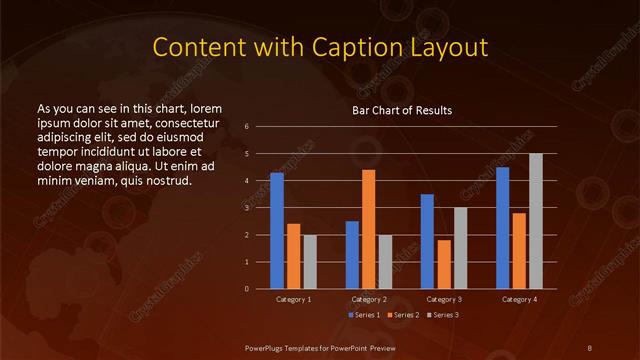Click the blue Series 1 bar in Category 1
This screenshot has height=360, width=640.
point(277,231)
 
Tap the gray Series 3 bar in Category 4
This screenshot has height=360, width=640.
point(536,221)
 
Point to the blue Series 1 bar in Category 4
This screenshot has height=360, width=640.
point(503,228)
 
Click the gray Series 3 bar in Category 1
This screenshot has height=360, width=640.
point(310,262)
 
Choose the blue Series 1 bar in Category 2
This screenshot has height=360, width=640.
point(352,255)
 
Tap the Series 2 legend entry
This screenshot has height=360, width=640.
point(403,315)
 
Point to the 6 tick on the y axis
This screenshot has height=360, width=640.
point(246,127)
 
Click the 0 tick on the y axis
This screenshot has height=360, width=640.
point(246,289)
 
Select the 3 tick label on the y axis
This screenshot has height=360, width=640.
point(246,208)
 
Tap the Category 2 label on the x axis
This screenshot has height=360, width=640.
point(369,299)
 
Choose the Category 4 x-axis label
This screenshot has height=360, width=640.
point(519,299)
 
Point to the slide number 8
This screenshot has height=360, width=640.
point(591,346)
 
